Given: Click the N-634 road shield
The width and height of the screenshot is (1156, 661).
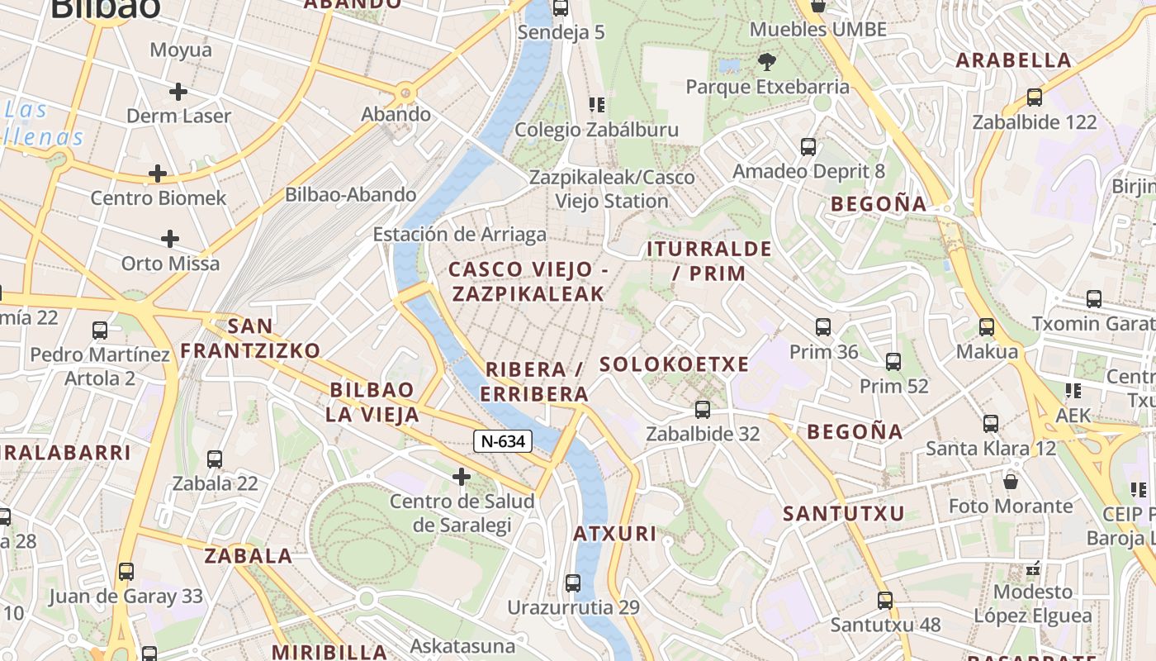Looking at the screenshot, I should tap(502, 441).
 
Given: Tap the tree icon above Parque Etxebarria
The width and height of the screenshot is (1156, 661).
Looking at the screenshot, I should tap(767, 61).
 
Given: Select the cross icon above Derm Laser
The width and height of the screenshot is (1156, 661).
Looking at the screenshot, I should tap(178, 91).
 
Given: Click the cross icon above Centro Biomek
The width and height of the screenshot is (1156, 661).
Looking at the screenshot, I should tap(157, 174).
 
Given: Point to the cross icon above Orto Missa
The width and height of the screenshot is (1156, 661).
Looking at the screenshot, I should tap(170, 239).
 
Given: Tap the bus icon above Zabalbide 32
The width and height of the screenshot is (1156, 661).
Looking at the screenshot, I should tap(703, 409).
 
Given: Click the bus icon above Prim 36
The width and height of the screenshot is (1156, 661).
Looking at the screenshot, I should tap(822, 327).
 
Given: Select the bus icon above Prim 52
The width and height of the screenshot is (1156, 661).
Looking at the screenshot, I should tap(893, 361).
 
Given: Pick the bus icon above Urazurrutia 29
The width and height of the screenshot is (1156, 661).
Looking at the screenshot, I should tap(573, 583).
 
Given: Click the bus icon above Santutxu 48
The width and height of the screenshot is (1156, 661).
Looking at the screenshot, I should tap(885, 601).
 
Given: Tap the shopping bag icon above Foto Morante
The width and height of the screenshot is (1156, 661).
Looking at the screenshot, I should tap(1011, 481).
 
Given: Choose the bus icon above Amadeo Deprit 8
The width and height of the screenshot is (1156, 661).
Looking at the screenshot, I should tap(808, 147).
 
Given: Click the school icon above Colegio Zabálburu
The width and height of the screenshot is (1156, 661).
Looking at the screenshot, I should tap(596, 105).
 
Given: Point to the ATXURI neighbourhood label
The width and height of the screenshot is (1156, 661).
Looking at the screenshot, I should tap(615, 534).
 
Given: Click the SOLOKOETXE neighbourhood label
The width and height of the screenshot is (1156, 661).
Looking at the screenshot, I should tap(675, 364).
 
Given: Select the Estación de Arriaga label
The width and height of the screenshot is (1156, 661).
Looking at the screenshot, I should tap(459, 234).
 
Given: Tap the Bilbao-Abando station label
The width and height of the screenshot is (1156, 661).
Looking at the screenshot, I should tap(351, 195).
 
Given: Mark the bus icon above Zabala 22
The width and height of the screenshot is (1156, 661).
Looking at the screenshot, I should tap(215, 459).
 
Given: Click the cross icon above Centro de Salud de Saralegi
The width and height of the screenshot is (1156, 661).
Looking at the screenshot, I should tap(462, 476).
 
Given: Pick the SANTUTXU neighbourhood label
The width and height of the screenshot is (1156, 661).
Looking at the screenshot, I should tap(844, 513).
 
